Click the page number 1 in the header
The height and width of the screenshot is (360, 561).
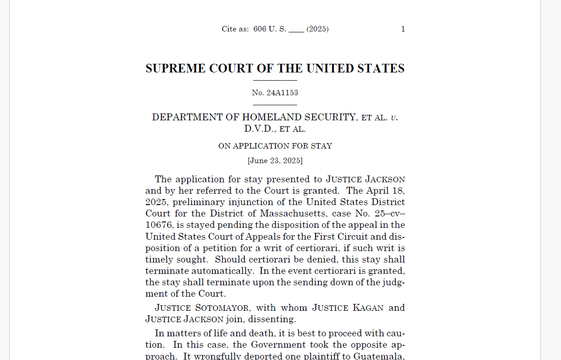click(403, 29)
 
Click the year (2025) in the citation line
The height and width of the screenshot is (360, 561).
click(317, 29)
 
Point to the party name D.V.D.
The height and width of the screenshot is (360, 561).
click(260, 129)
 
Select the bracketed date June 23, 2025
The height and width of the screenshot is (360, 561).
click(275, 161)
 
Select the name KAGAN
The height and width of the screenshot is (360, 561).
click(368, 308)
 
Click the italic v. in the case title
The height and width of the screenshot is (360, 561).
click(395, 118)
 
